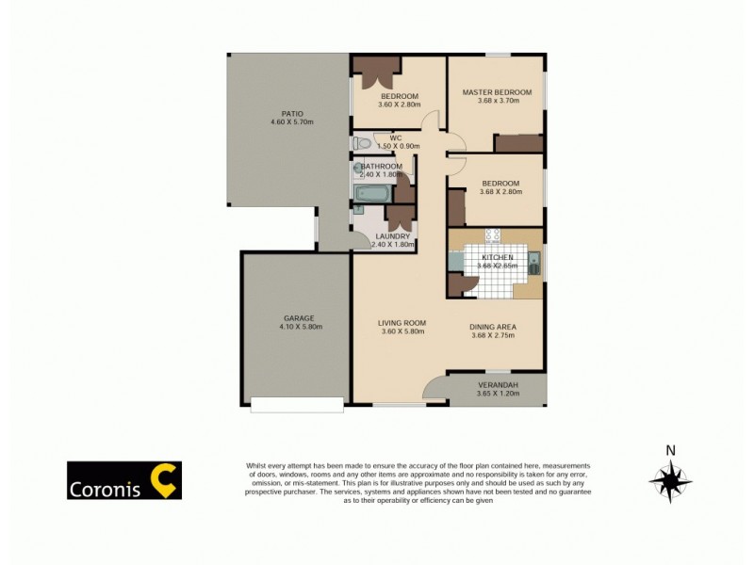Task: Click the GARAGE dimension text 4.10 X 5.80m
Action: tap(301, 327)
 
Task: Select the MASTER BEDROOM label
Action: tap(497, 92)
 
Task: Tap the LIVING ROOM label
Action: tap(402, 323)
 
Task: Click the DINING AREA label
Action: tap(493, 327)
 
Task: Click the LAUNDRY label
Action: tap(392, 236)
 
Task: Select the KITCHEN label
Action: tap(497, 257)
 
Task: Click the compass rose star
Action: tap(670, 482)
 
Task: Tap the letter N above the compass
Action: tap(670, 450)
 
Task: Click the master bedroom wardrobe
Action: tap(518, 143)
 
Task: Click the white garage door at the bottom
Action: tap(297, 405)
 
